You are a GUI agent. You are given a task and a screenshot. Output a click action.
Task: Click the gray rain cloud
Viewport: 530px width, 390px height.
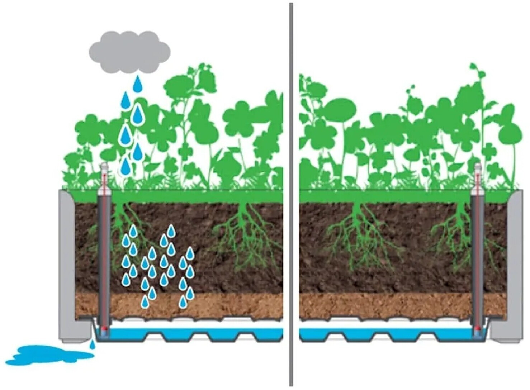coord(129,52)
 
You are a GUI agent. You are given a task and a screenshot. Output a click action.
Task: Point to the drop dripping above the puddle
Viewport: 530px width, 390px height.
coord(92,344)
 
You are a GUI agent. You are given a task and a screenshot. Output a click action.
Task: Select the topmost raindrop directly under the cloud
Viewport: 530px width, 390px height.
coord(137,84)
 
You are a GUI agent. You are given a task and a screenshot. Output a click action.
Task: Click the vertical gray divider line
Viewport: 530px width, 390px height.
coord(291,194)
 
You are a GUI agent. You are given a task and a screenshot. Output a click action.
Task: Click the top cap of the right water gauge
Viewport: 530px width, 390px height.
coord(478,167)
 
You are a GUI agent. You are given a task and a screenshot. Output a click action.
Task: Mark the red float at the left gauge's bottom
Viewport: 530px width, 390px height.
coord(104,328)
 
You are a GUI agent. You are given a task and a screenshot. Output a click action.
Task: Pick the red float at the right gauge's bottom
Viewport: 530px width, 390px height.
coord(478,328)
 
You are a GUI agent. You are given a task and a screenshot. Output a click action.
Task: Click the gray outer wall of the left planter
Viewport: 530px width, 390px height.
coord(67,265)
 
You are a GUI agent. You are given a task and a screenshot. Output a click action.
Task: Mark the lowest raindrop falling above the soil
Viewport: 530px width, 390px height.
coord(125,167)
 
